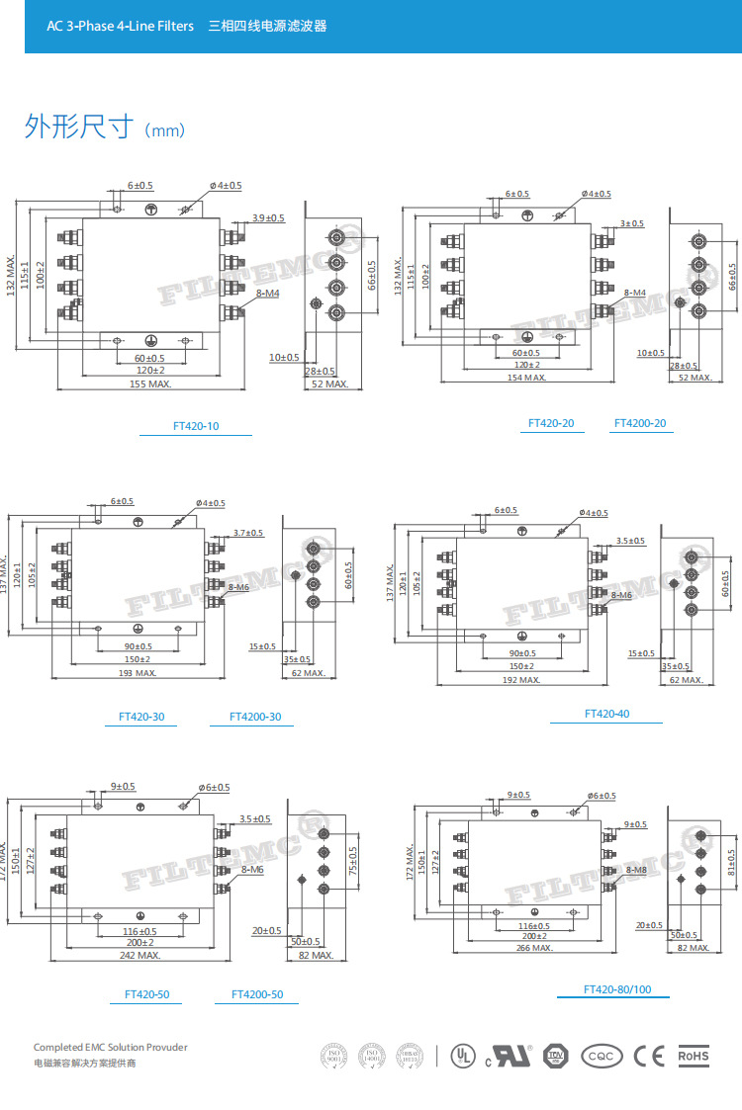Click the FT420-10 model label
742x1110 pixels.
pyautogui.click(x=196, y=427)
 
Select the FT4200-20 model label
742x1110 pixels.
pyautogui.click(x=640, y=423)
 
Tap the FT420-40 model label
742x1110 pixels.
pyautogui.click(x=606, y=713)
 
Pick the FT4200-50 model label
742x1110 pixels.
pyautogui.click(x=257, y=994)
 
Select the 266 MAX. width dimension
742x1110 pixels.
pyautogui.click(x=533, y=948)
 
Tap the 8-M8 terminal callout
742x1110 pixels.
pyautogui.click(x=636, y=869)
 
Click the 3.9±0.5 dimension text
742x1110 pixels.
pyautogui.click(x=267, y=217)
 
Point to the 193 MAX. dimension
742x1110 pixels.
pyautogui.click(x=139, y=672)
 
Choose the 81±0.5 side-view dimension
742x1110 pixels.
pyautogui.click(x=730, y=863)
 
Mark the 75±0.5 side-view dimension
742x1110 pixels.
pyautogui.click(x=353, y=860)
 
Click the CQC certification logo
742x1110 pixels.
pyautogui.click(x=602, y=1057)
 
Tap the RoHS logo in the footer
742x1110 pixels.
pyautogui.click(x=694, y=1057)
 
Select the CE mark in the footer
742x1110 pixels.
pyautogui.click(x=649, y=1057)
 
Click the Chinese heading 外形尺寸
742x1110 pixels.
pyautogui.click(x=78, y=128)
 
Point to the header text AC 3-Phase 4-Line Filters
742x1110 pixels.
pyautogui.click(x=120, y=26)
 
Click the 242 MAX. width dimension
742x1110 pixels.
pyautogui.click(x=140, y=956)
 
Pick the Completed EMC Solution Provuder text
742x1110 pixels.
pyautogui.click(x=110, y=1047)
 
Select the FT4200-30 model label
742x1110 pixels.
pyautogui.click(x=255, y=717)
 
